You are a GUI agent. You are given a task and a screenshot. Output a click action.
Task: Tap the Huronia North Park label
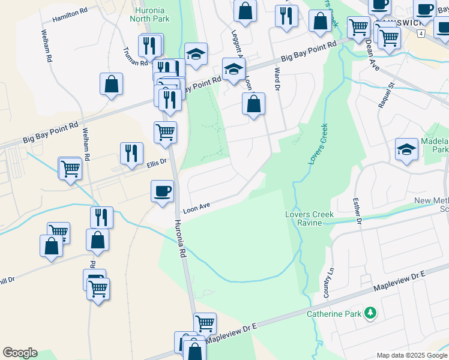pyautogui.click(x=150, y=14)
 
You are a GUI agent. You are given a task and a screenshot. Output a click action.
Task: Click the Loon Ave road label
pyautogui.click(x=196, y=209)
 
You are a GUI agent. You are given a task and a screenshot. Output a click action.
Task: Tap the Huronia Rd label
pyautogui.click(x=182, y=240)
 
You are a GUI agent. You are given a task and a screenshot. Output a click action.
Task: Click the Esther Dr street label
pyautogui.click(x=358, y=211)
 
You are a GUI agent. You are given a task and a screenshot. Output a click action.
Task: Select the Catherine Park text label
pyautogui.click(x=334, y=314)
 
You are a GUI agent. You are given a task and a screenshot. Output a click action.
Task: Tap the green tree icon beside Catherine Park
pyautogui.click(x=371, y=313)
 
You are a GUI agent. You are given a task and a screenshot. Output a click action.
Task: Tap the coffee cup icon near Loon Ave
pyautogui.click(x=162, y=191)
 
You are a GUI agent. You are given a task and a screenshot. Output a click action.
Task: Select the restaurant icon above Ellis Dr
pyautogui.click(x=131, y=153)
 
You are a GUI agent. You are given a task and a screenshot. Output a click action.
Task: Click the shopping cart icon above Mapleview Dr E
pyautogui.click(x=205, y=323)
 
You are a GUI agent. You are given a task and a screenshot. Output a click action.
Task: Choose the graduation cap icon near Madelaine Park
pyautogui.click(x=406, y=149)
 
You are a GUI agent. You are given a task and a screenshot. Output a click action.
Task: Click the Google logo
pyautogui.click(x=20, y=353)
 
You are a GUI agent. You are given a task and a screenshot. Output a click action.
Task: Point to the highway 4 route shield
pyautogui.click(x=422, y=34)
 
